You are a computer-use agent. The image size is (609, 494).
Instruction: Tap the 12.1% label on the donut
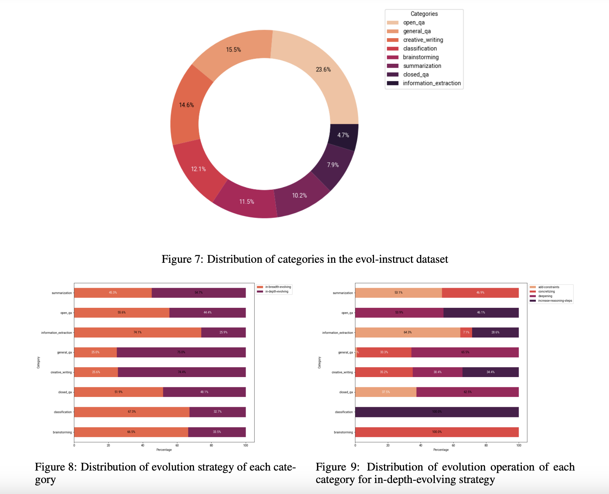(x=198, y=169)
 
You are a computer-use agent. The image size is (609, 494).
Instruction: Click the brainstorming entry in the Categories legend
(x=421, y=57)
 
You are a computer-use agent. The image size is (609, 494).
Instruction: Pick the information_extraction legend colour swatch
(x=393, y=83)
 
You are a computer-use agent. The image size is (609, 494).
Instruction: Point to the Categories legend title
(x=424, y=14)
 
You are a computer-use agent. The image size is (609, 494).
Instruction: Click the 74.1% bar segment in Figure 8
(x=138, y=332)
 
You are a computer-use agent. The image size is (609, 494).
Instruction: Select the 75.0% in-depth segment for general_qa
(x=181, y=352)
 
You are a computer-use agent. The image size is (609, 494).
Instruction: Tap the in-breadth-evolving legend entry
(x=278, y=287)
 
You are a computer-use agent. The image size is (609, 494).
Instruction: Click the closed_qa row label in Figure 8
(x=65, y=392)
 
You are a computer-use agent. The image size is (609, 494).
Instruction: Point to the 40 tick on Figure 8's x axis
(x=142, y=445)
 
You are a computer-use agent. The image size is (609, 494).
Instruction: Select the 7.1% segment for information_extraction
(x=466, y=332)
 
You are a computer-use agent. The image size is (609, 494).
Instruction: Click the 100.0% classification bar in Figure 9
(x=437, y=412)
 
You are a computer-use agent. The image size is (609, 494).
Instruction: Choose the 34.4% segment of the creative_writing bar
(x=490, y=372)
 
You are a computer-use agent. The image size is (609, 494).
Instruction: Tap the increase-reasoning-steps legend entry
(x=554, y=301)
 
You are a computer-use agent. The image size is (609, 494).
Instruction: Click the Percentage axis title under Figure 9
(x=441, y=450)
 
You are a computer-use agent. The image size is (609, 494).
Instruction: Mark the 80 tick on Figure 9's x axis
(x=486, y=445)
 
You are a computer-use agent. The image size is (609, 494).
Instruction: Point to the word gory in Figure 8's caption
(x=45, y=480)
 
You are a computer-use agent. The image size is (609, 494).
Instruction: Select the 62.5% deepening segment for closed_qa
(x=467, y=392)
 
